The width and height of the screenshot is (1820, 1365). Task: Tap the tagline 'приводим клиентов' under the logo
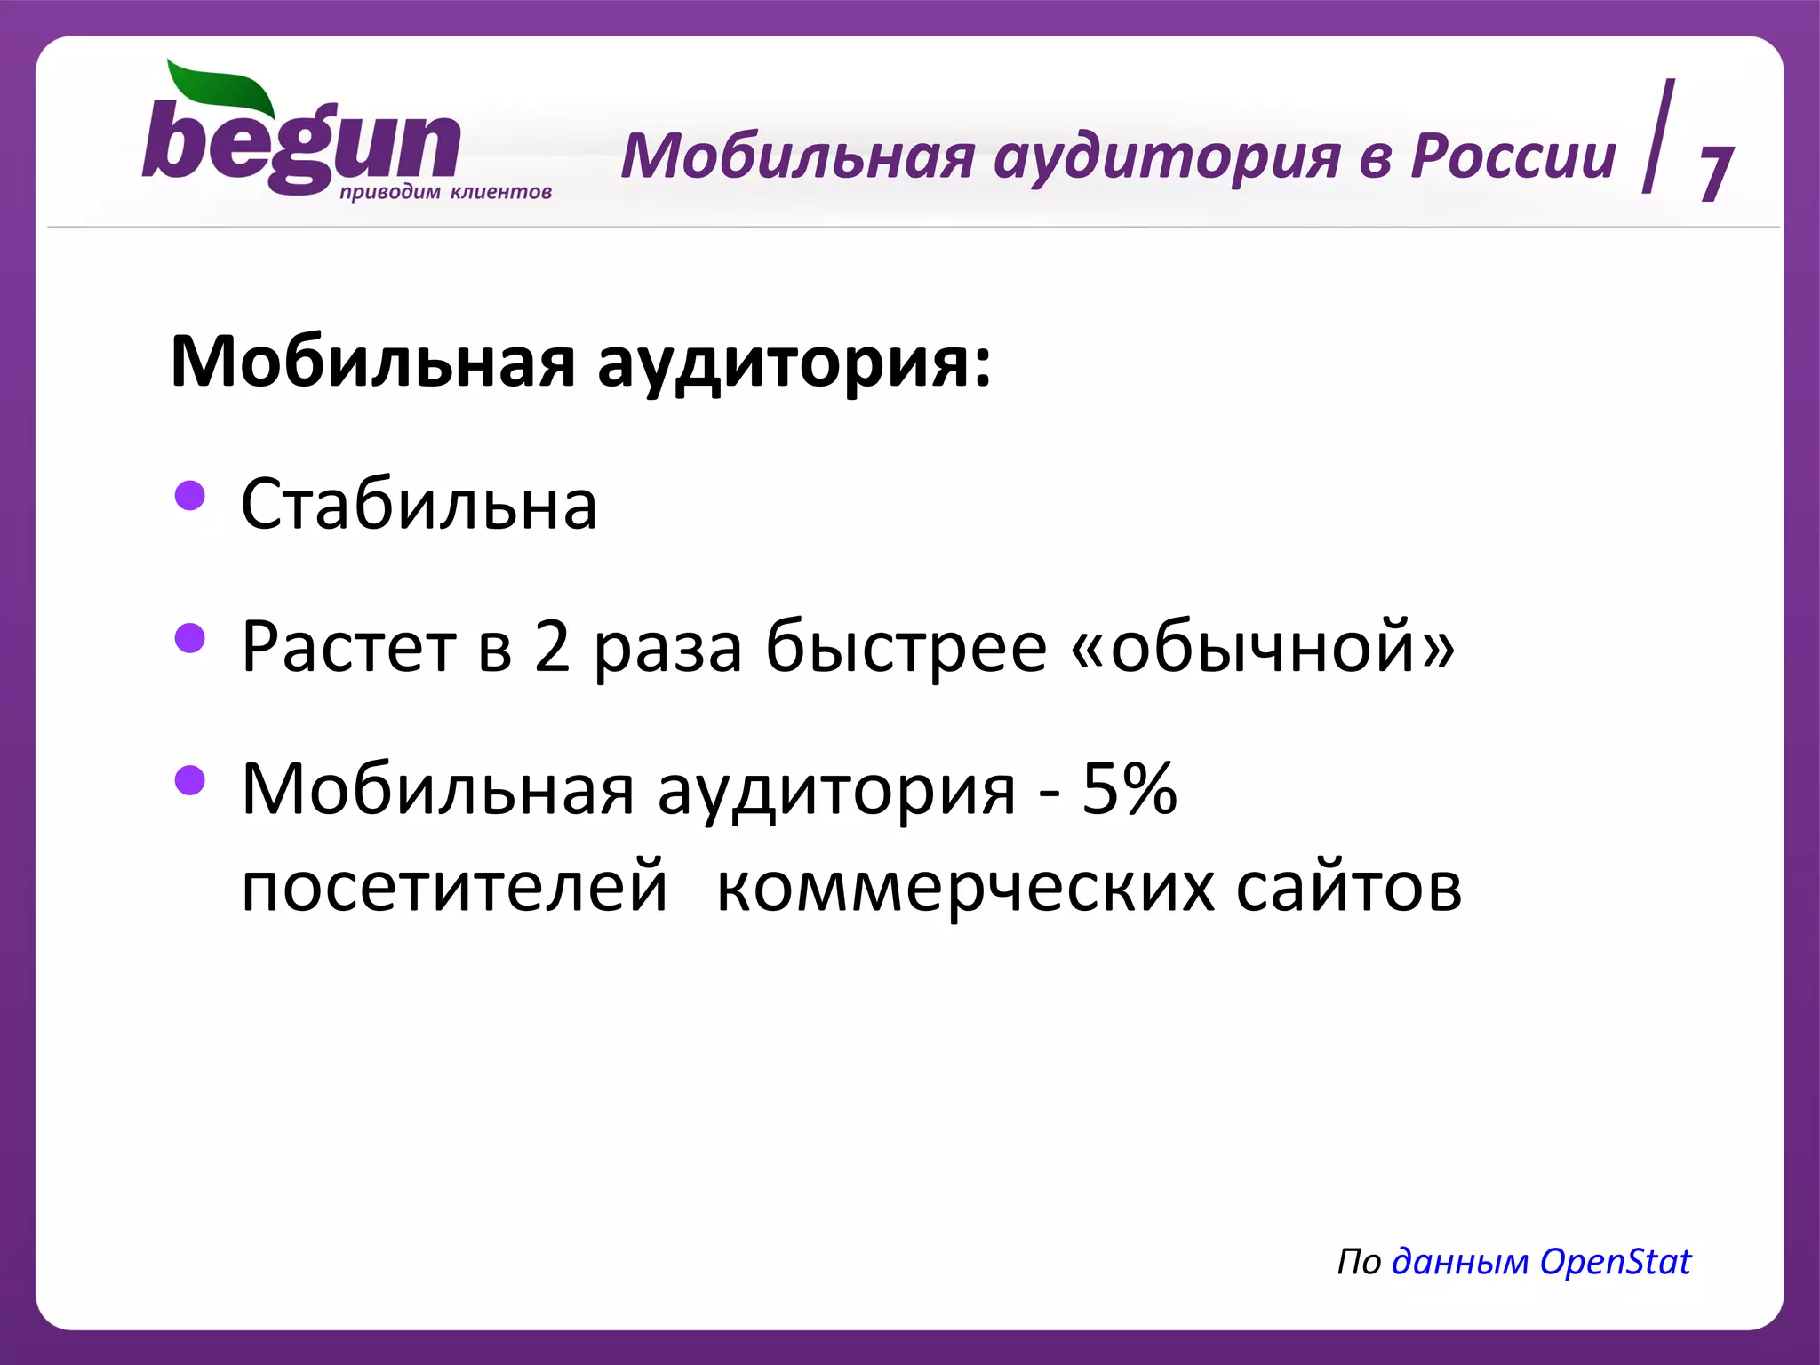(x=445, y=192)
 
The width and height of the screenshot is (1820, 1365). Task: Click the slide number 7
(x=1715, y=173)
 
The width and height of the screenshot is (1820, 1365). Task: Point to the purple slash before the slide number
(x=1658, y=136)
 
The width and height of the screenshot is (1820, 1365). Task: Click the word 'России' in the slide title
(x=1513, y=156)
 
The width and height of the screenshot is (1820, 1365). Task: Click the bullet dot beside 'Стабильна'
(x=190, y=496)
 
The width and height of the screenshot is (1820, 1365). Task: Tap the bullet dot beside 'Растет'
(x=190, y=637)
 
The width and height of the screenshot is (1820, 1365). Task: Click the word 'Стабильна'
(x=419, y=505)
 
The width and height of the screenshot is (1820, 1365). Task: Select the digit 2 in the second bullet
(x=552, y=646)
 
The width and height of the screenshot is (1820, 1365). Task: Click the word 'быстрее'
(x=906, y=648)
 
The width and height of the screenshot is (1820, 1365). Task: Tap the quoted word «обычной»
(x=1263, y=648)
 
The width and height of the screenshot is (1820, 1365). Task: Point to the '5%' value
(x=1129, y=788)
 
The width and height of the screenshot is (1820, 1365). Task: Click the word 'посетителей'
(x=454, y=886)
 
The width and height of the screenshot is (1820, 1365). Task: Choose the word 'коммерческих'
(x=965, y=888)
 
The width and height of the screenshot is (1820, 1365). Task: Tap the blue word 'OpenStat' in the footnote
(x=1615, y=1262)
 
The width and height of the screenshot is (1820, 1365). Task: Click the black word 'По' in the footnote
(x=1359, y=1262)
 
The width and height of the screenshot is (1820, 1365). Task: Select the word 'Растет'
(x=348, y=648)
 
